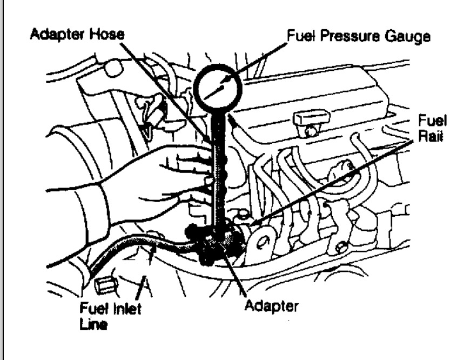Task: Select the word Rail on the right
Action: coord(433,137)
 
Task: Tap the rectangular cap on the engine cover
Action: coord(312,117)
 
